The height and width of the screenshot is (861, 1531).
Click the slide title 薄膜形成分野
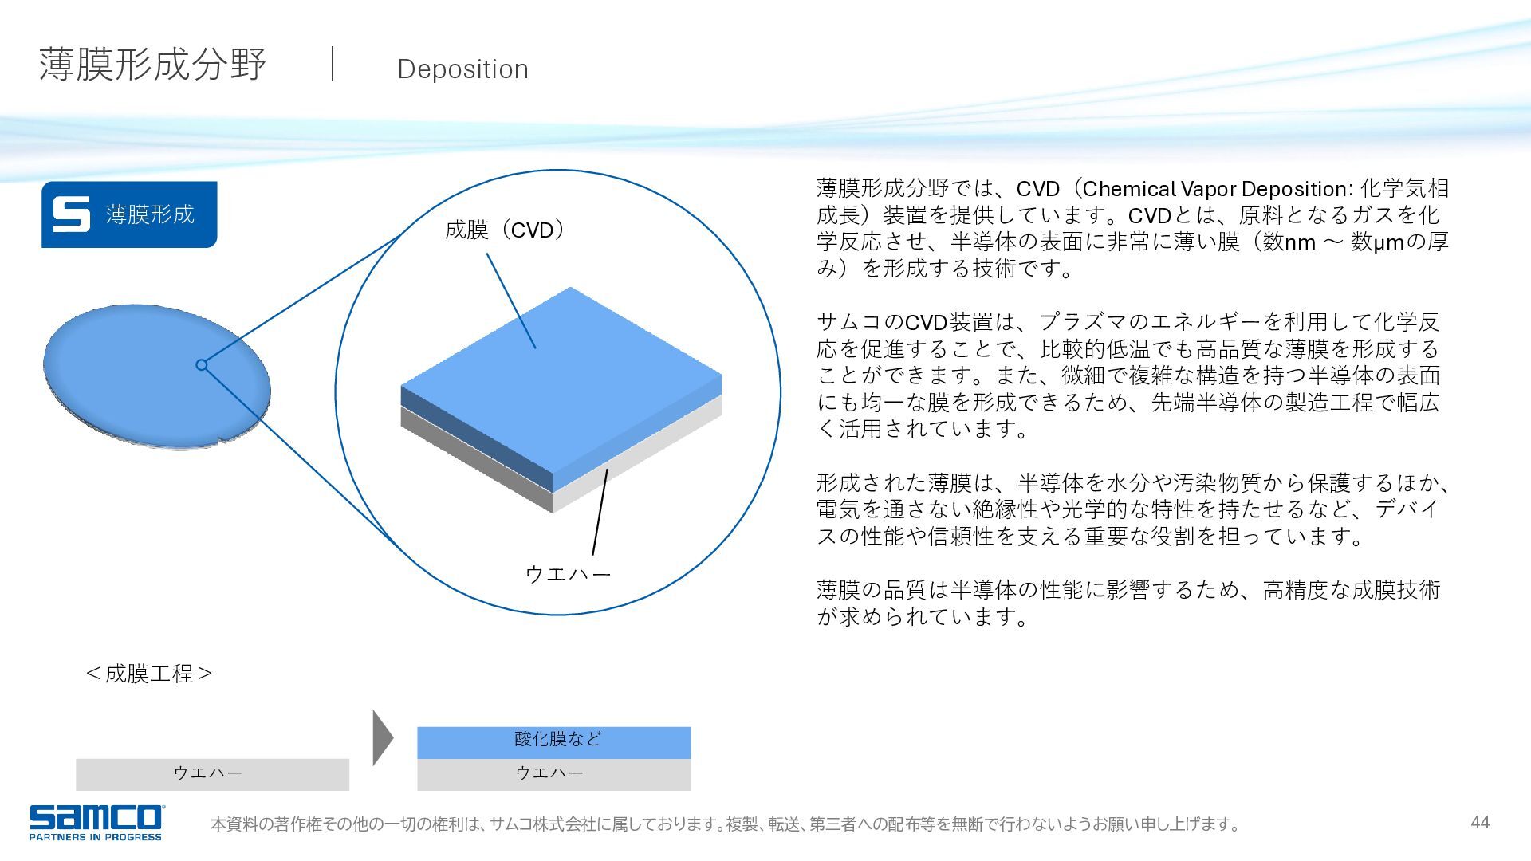tap(152, 65)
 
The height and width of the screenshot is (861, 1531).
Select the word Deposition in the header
tap(462, 69)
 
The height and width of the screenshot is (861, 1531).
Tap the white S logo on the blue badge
tap(72, 214)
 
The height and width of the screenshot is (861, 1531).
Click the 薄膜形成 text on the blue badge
tap(150, 214)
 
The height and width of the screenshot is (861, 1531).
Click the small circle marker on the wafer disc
tap(202, 365)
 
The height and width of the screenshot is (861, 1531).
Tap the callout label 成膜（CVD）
tap(506, 230)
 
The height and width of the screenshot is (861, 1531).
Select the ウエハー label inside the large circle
tap(568, 574)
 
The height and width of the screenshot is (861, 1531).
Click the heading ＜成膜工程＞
tap(149, 674)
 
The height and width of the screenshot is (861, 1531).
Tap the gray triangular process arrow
tap(382, 737)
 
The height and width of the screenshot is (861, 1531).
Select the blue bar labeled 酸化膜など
tap(554, 742)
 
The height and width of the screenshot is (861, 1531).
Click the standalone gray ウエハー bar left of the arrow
tap(213, 774)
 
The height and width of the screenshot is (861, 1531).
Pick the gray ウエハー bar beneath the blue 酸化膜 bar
tap(554, 774)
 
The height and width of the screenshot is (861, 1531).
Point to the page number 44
tap(1480, 823)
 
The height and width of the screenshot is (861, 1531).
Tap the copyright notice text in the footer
tap(725, 824)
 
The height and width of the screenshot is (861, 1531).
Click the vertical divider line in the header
tap(333, 64)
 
